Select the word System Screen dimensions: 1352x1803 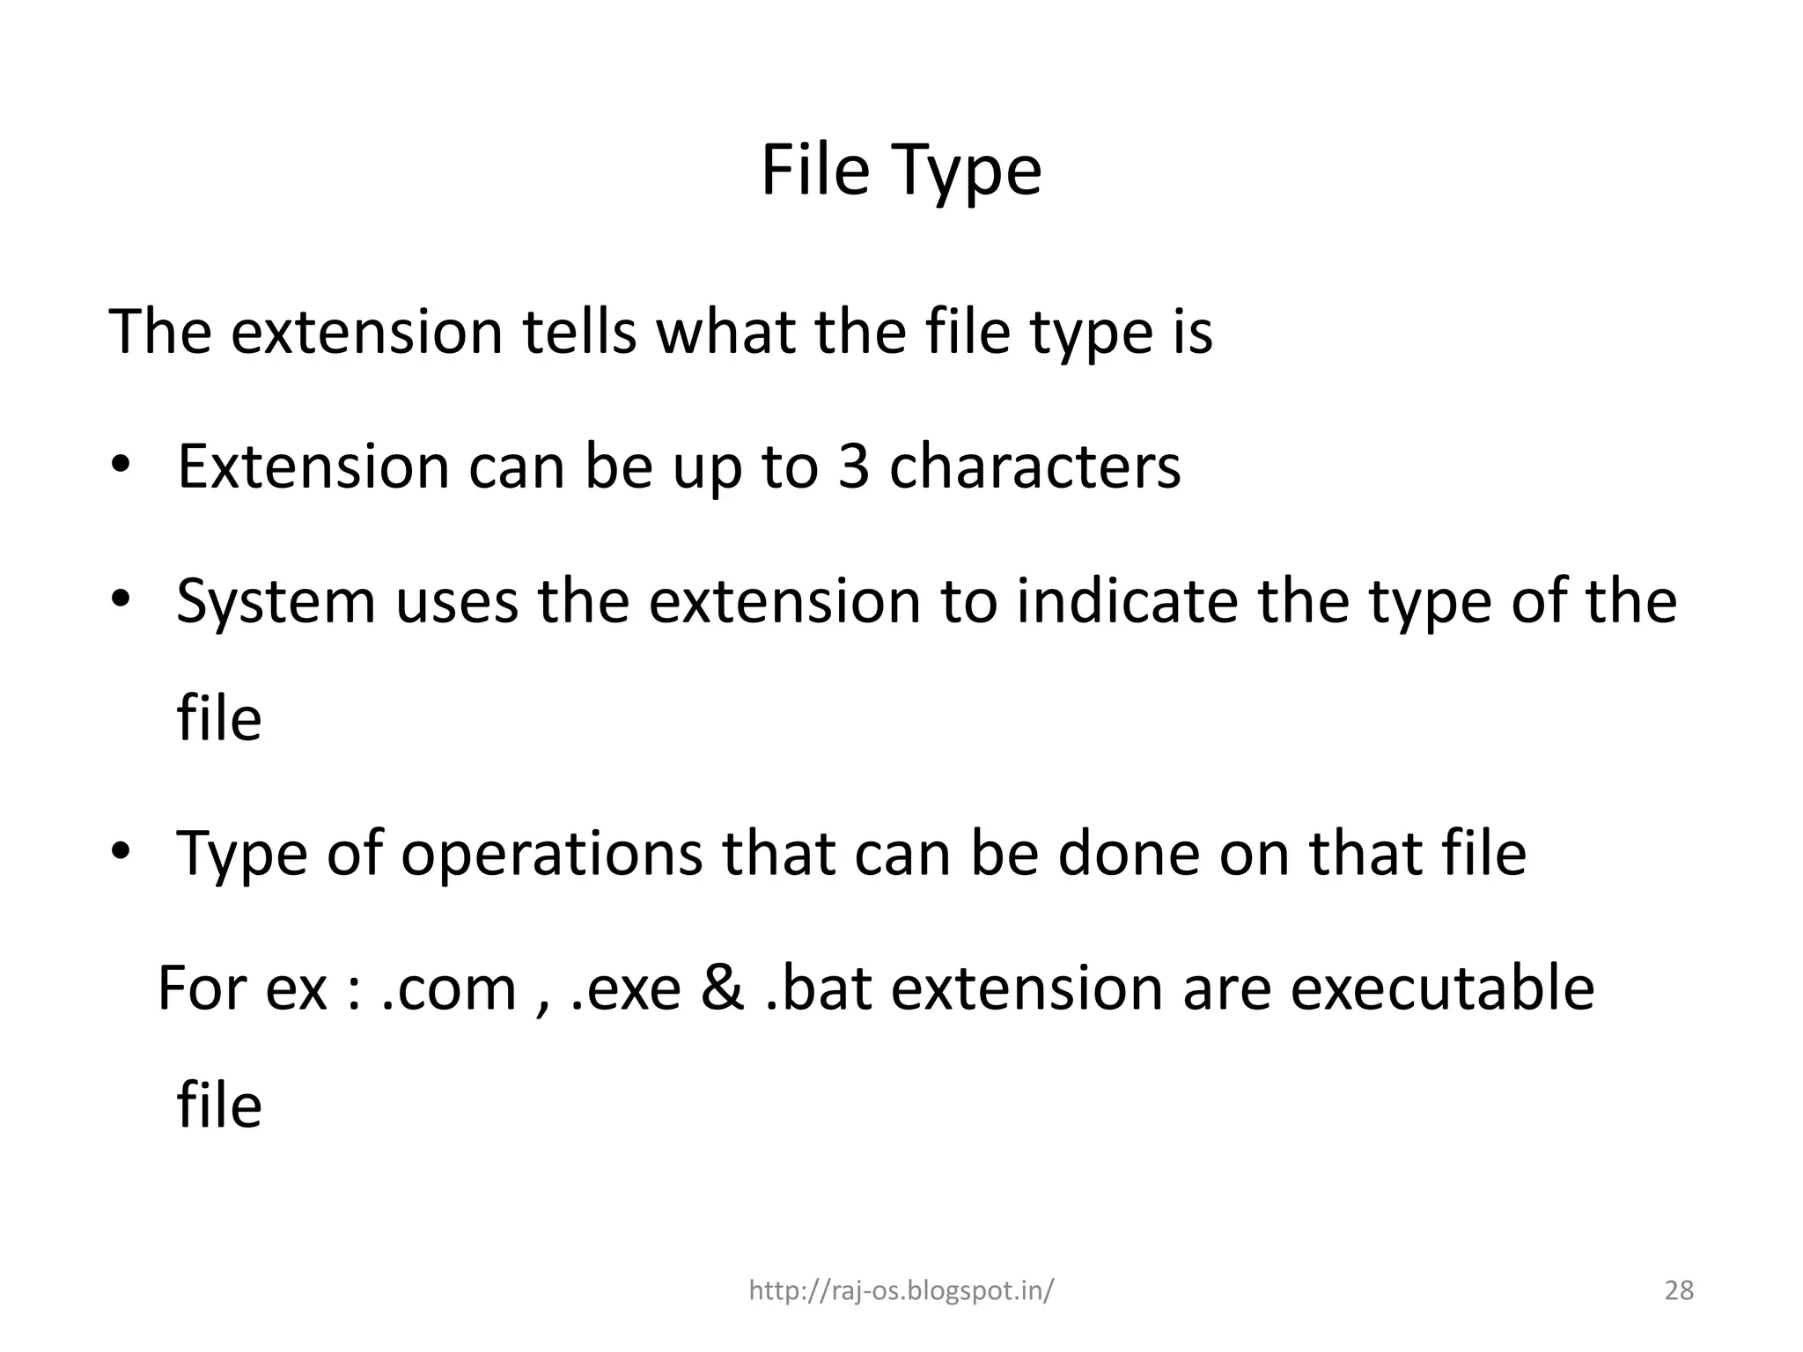click(x=276, y=603)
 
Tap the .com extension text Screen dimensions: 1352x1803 click(x=449, y=988)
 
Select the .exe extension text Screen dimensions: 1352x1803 click(x=626, y=988)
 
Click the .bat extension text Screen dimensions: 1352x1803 click(x=818, y=988)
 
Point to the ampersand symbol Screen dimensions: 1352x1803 click(x=722, y=988)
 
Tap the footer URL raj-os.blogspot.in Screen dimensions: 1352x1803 click(x=901, y=1290)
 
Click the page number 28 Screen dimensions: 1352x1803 click(x=1679, y=1290)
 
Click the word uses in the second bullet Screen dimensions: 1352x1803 click(x=456, y=603)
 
